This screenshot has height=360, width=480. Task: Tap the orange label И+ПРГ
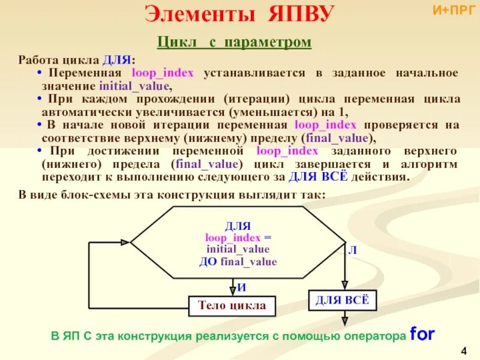[x=453, y=10]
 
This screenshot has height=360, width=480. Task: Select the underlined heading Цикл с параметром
[x=235, y=42]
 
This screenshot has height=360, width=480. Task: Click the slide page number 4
[x=464, y=350]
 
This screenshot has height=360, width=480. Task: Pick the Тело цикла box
[x=232, y=306]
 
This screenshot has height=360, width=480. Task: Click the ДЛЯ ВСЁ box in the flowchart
[x=343, y=300]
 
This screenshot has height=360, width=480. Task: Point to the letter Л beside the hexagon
[x=352, y=251]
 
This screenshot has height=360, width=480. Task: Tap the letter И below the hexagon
[x=241, y=287]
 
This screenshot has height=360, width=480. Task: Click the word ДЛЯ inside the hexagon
[x=238, y=226]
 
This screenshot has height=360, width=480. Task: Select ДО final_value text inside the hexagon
[x=238, y=261]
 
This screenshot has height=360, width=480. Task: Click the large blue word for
[x=422, y=334]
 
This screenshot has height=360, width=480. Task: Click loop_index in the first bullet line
[x=163, y=73]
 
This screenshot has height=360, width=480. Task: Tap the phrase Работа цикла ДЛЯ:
[x=77, y=60]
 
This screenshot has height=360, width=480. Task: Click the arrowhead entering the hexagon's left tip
[x=125, y=242]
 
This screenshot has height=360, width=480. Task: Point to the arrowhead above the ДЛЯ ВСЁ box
[x=344, y=286]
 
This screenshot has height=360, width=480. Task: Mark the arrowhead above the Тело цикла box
[x=232, y=292]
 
